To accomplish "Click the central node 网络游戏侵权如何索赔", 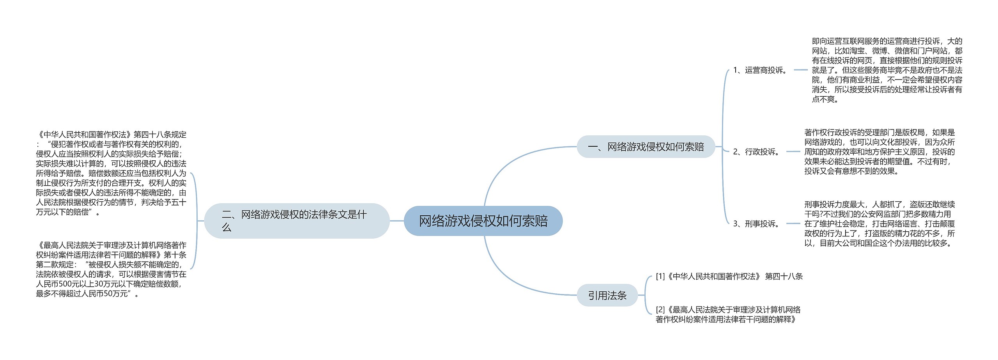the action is click(483, 221).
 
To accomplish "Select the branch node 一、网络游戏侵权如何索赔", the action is click(646, 147).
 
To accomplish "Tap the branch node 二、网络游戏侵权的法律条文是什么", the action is click(297, 221).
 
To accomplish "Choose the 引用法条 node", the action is click(607, 296).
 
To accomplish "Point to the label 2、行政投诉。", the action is click(757, 152).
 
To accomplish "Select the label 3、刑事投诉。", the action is click(757, 224).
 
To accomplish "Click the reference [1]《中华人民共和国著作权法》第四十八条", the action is click(729, 277).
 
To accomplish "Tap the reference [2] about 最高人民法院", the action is click(728, 314).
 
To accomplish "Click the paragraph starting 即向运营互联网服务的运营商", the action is click(887, 70).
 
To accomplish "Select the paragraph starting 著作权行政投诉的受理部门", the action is click(879, 152).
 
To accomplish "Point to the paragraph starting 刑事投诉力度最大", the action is click(879, 224).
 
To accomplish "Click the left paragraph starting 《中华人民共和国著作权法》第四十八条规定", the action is click(111, 173).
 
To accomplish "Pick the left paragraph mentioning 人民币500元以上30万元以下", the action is click(111, 270).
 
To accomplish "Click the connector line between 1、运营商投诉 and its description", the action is click(801, 70).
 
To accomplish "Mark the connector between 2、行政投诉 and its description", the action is click(793, 152).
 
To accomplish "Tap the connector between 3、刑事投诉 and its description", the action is click(793, 224).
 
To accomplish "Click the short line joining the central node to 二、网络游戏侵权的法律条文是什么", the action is click(397, 221).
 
